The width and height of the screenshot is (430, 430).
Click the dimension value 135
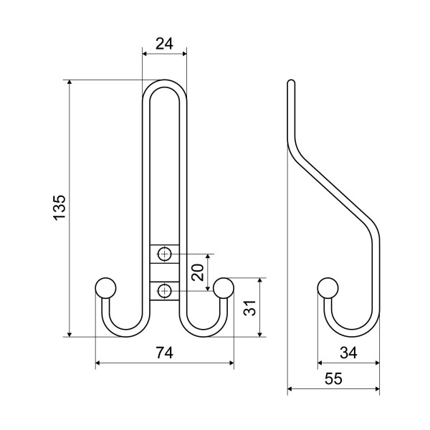[x=59, y=207]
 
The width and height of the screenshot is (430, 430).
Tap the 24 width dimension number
[x=165, y=44]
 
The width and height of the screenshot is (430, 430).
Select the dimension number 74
[x=165, y=353]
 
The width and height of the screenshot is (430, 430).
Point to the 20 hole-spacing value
[x=198, y=272]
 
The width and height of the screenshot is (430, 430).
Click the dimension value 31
[x=250, y=308]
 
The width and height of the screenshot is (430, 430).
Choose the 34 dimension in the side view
[x=348, y=353]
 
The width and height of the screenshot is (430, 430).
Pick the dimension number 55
[x=333, y=378]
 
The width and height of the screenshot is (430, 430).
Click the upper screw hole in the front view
[x=164, y=254]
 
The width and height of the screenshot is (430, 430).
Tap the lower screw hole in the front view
[x=164, y=290]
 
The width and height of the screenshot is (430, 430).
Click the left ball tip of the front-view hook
[x=105, y=288]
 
